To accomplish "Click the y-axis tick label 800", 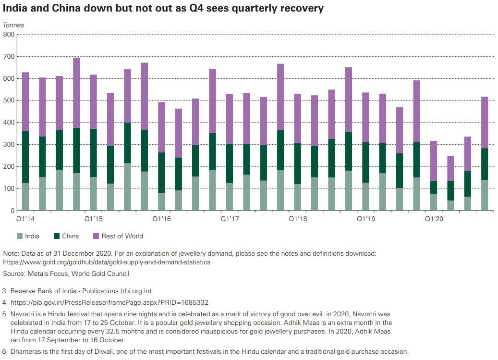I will pyautogui.click(x=9, y=35).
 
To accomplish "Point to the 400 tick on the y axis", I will pyautogui.click(x=9, y=123).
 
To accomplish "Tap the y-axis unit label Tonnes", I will pyautogui.click(x=13, y=25).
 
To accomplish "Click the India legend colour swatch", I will pyautogui.click(x=20, y=236).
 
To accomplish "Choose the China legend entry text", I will pyautogui.click(x=70, y=236).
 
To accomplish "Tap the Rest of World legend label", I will pyautogui.click(x=122, y=236).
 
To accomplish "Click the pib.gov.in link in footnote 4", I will pyautogui.click(x=109, y=302).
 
